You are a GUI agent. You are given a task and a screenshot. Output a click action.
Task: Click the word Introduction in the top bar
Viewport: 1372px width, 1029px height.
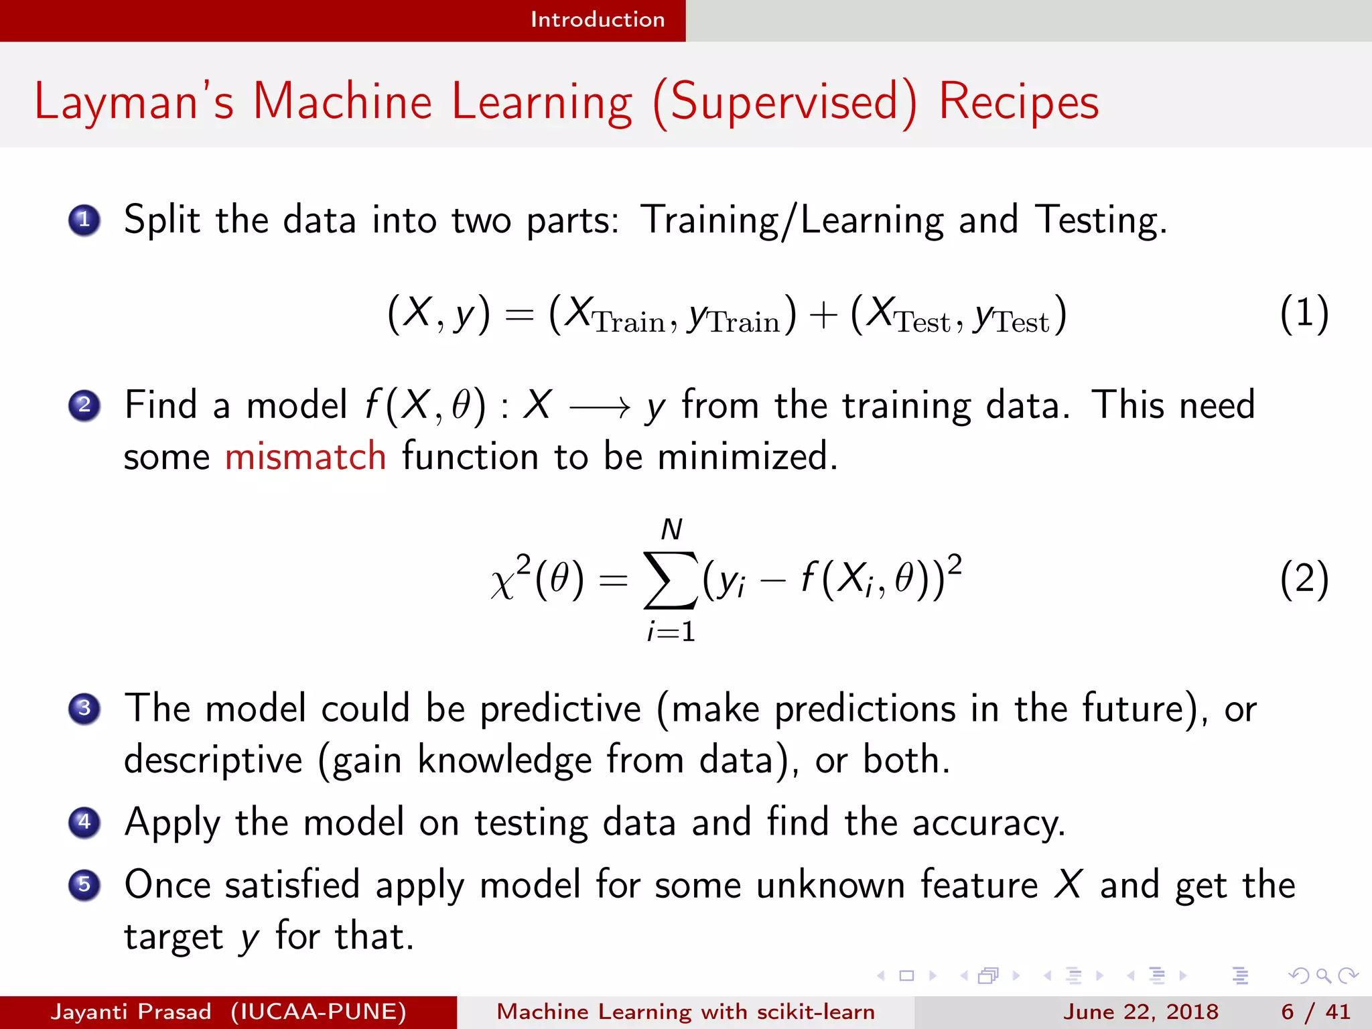tap(597, 19)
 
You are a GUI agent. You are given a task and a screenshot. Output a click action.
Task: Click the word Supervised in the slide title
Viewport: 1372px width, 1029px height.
tap(784, 102)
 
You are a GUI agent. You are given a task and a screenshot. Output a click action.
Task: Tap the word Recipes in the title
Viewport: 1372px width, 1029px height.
tap(1018, 102)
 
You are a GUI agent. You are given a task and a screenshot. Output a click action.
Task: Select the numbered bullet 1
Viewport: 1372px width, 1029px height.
tap(84, 220)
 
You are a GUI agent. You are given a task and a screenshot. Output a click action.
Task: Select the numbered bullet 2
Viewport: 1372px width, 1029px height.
tap(84, 405)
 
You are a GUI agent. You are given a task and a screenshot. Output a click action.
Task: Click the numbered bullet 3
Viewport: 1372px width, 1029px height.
tap(84, 708)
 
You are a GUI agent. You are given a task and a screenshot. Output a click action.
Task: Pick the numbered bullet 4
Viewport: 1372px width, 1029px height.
tap(84, 822)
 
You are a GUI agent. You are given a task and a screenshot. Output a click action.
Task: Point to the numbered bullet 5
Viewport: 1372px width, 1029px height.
tap(84, 884)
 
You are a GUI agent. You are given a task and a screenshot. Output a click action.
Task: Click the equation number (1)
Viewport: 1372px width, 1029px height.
tap(1304, 314)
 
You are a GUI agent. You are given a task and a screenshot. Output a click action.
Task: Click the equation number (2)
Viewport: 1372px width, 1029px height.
tap(1304, 579)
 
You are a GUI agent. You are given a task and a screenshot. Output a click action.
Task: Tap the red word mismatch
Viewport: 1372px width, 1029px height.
tap(305, 457)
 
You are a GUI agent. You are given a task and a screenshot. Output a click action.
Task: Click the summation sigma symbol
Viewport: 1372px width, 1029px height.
tap(670, 580)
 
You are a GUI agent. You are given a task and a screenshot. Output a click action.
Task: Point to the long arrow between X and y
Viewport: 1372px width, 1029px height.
tap(599, 407)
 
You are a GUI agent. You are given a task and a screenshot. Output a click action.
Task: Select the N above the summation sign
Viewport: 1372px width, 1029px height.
tap(671, 530)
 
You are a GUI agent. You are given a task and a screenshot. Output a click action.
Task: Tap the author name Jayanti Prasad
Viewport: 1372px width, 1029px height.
tap(131, 1012)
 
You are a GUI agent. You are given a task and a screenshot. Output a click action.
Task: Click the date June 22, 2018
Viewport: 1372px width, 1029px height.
tap(1140, 1012)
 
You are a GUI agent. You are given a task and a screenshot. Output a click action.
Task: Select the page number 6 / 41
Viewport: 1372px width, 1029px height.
tap(1315, 1012)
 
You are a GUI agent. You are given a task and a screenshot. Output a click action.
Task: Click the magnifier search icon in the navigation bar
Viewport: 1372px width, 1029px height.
tap(1323, 975)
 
